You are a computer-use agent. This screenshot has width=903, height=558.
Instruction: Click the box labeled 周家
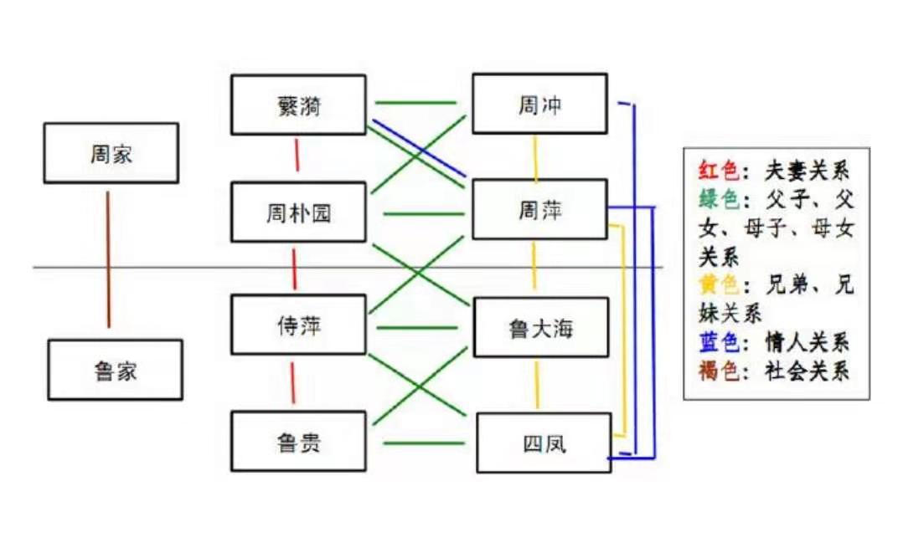coord(111,153)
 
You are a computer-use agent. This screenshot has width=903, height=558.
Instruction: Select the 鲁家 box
coord(116,370)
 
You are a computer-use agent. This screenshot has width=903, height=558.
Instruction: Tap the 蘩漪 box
coord(298,105)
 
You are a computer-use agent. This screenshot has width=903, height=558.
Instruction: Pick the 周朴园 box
coord(298,212)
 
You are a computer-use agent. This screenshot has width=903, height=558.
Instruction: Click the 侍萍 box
coord(298,325)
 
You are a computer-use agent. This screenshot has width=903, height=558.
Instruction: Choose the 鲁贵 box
coord(298,441)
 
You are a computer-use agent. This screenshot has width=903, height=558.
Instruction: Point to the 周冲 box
coord(539,104)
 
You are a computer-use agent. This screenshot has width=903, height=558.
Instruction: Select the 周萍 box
coord(539,209)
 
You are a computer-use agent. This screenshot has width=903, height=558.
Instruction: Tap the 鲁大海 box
coord(541,327)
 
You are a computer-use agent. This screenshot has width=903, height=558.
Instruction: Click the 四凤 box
coord(544,443)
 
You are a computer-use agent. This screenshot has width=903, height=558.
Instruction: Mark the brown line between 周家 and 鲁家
coord(108,259)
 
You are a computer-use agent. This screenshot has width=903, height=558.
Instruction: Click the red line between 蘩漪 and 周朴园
coord(297,155)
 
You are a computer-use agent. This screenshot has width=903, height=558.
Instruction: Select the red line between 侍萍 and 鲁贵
coord(292,382)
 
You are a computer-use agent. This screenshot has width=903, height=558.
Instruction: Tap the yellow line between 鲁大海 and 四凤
coord(537,385)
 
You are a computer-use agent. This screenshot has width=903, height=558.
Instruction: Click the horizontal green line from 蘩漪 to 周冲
coord(415,103)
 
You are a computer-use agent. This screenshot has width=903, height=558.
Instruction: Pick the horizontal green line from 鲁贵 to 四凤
coord(424,443)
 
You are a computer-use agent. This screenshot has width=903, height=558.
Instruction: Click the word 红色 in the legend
coord(719,171)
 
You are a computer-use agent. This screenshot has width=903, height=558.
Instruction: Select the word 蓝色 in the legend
coord(719,342)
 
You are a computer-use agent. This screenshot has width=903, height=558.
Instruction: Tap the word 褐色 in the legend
coord(719,371)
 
